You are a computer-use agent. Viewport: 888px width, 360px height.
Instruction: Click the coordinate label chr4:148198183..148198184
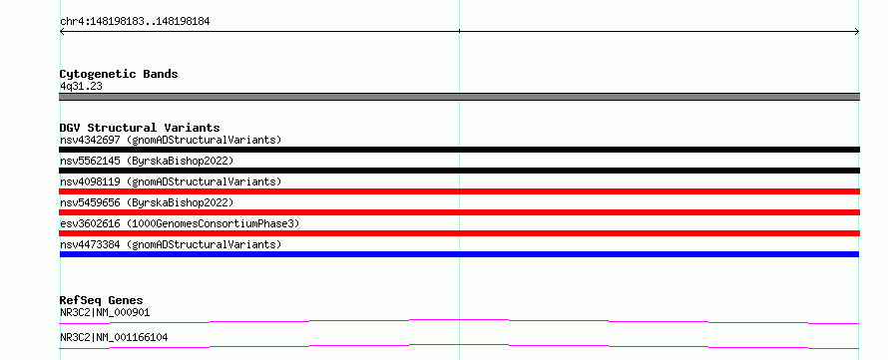135,22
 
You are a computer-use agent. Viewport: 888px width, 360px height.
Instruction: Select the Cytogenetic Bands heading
119,74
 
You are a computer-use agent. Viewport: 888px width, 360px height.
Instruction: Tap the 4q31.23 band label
81,86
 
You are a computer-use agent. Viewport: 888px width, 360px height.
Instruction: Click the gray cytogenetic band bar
459,97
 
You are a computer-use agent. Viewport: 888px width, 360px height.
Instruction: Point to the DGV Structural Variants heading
140,128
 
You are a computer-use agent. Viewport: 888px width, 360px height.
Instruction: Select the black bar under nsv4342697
459,150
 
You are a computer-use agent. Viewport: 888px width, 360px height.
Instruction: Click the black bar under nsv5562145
459,171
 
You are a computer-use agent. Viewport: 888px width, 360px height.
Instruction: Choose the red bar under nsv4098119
459,191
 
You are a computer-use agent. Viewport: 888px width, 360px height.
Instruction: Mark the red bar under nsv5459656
459,212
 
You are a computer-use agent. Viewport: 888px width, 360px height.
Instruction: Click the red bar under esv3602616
459,233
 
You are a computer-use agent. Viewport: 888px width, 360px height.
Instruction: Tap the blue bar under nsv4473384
459,254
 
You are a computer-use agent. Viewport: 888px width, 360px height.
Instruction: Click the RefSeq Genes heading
102,300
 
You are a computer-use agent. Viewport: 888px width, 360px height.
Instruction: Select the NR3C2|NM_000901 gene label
105,312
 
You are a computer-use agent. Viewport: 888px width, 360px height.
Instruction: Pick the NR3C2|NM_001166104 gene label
114,338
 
